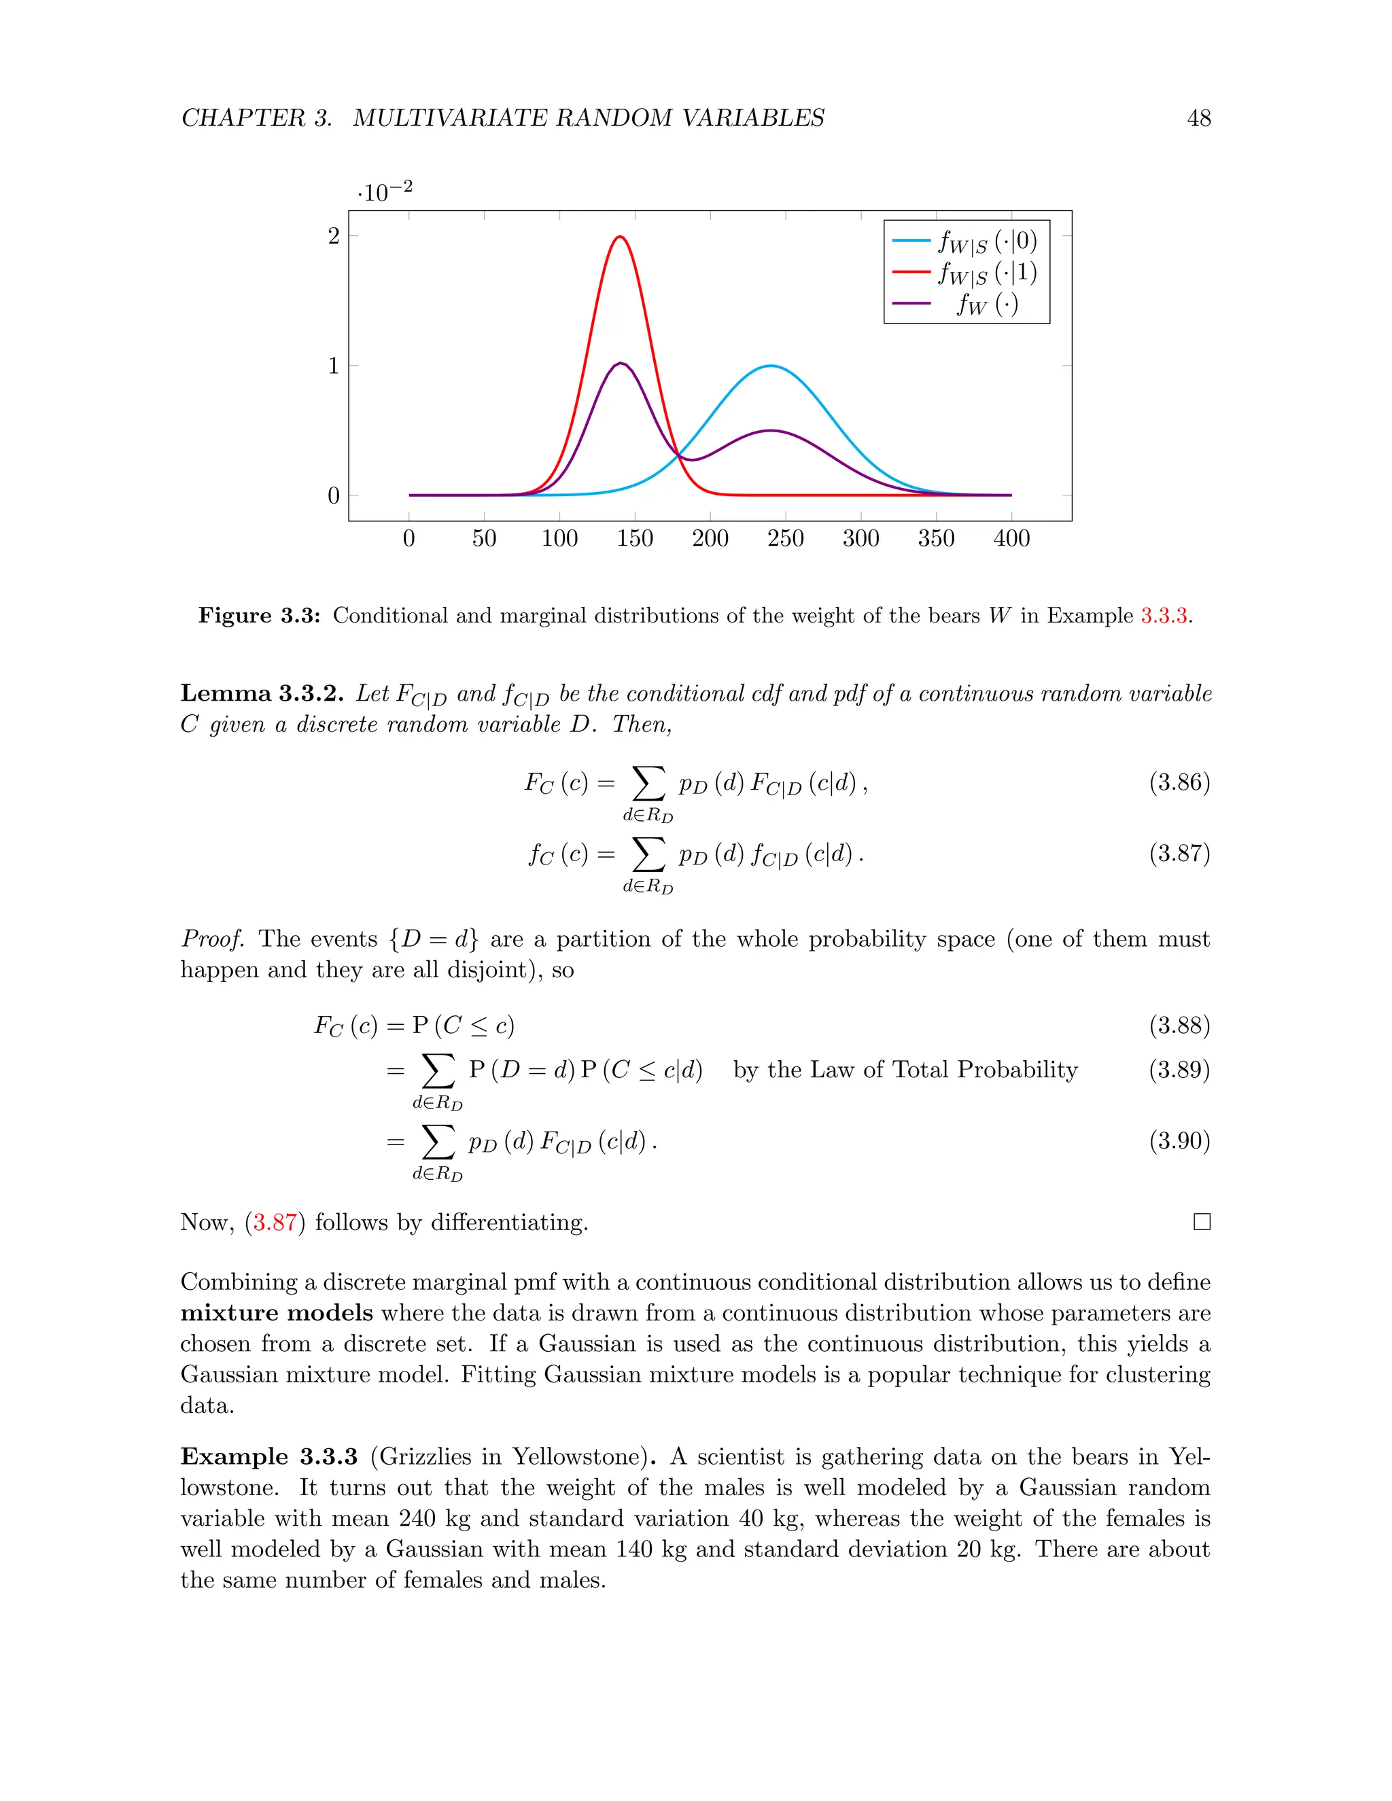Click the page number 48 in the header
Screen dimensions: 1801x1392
pos(1198,118)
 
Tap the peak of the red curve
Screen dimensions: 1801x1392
pos(620,237)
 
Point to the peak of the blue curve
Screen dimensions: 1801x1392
pos(770,366)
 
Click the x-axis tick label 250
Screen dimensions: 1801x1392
pos(785,538)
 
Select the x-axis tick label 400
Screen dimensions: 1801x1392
pos(1011,538)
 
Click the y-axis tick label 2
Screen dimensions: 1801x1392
pos(333,237)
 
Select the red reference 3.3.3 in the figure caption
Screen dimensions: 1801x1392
pos(1163,616)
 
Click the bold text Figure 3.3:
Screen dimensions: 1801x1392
pos(259,616)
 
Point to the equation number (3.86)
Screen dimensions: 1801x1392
pos(1179,782)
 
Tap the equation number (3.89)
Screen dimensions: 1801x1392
pos(1179,1070)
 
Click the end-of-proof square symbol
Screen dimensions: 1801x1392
pos(1202,1221)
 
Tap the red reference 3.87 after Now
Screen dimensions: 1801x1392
pos(275,1221)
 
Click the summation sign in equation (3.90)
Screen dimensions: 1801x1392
pos(437,1142)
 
